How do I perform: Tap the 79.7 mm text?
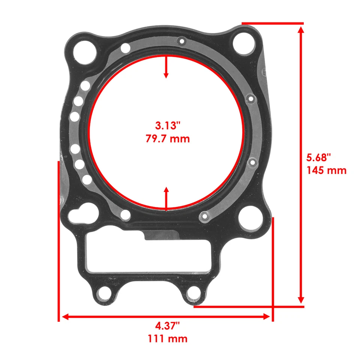(x=168, y=139)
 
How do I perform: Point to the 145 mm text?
(x=326, y=170)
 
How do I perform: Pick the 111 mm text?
(x=168, y=339)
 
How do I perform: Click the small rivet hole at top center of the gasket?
(x=182, y=41)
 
